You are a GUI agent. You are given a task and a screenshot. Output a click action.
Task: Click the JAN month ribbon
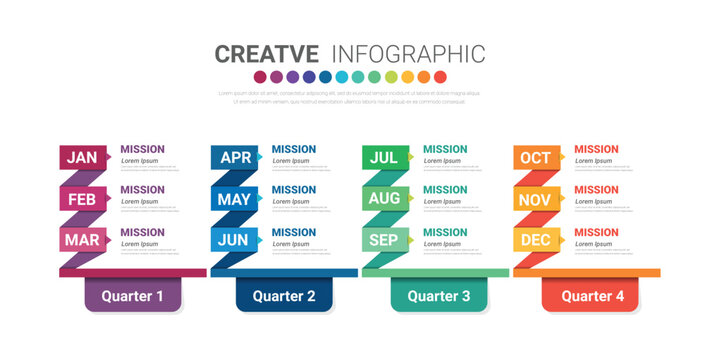(x=82, y=157)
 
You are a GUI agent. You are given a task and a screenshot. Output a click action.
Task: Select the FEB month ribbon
(x=82, y=199)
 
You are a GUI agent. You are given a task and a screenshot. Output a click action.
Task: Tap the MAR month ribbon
(x=82, y=240)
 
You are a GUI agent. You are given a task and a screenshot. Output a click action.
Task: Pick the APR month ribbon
(x=235, y=157)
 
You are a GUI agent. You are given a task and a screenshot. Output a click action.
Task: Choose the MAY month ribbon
(x=234, y=199)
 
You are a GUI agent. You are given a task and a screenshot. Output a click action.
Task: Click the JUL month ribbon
(x=384, y=157)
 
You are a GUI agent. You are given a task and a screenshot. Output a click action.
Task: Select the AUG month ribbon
(x=384, y=199)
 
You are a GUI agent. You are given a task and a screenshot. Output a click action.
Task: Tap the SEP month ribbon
(x=384, y=240)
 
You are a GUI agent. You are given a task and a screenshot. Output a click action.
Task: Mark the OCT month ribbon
(x=535, y=157)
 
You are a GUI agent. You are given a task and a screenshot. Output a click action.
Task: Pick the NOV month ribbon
(x=535, y=199)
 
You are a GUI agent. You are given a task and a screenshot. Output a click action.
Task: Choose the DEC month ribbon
(x=535, y=240)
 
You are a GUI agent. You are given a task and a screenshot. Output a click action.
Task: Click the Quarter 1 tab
(x=132, y=296)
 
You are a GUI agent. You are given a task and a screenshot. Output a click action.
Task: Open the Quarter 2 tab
(x=284, y=296)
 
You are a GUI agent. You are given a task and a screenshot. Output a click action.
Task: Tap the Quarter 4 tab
(x=592, y=296)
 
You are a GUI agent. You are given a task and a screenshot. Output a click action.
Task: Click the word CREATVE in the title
(x=267, y=54)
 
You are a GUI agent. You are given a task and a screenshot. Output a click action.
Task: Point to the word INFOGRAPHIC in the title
(x=407, y=54)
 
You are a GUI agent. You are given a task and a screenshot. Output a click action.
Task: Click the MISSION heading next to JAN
(x=143, y=149)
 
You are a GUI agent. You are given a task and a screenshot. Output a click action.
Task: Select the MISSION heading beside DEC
(x=596, y=232)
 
